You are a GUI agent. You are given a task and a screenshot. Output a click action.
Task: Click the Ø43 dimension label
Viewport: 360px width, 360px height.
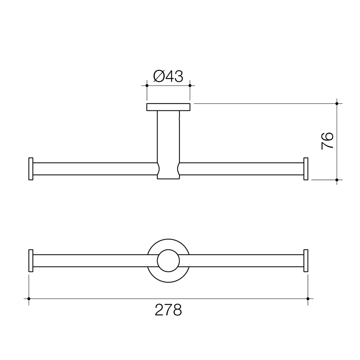(x=168, y=76)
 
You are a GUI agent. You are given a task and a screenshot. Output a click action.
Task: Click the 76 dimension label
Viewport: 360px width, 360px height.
(x=327, y=141)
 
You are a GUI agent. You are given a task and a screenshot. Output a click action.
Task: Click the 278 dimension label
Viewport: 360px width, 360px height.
(x=168, y=310)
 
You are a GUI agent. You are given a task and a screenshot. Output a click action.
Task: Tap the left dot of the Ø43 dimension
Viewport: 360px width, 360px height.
(x=147, y=86)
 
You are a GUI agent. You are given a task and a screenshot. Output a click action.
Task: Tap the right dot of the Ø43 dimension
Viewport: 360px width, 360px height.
(x=190, y=86)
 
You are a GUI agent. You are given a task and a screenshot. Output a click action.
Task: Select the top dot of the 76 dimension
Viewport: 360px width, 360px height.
(x=337, y=104)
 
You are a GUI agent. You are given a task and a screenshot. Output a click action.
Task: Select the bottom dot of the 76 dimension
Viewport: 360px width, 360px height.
(x=337, y=180)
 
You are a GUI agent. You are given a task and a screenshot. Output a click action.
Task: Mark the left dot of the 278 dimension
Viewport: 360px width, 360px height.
(x=29, y=299)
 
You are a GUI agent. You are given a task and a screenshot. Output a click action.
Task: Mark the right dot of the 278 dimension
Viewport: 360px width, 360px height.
(x=308, y=299)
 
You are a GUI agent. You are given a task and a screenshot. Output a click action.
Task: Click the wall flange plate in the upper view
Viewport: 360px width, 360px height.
(x=168, y=107)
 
